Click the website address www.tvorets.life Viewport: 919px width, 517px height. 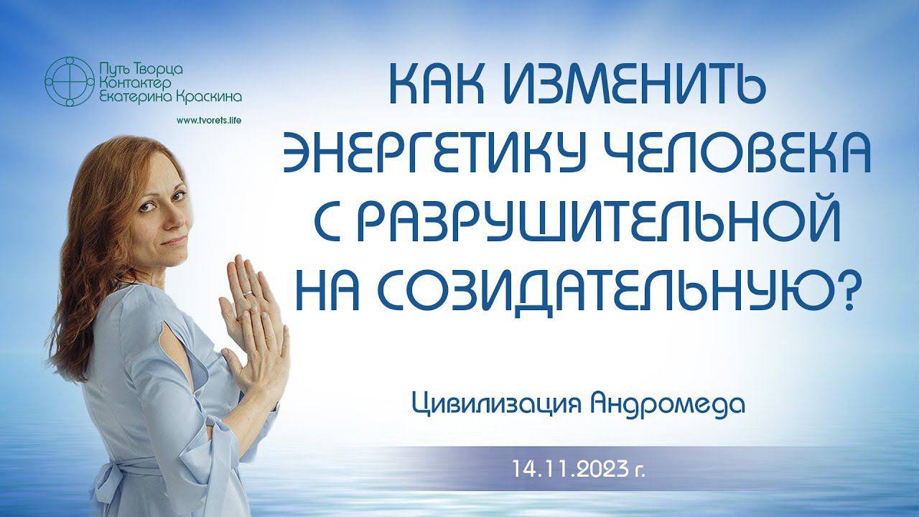click(x=208, y=121)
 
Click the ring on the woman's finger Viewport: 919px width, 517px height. click(x=248, y=293)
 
